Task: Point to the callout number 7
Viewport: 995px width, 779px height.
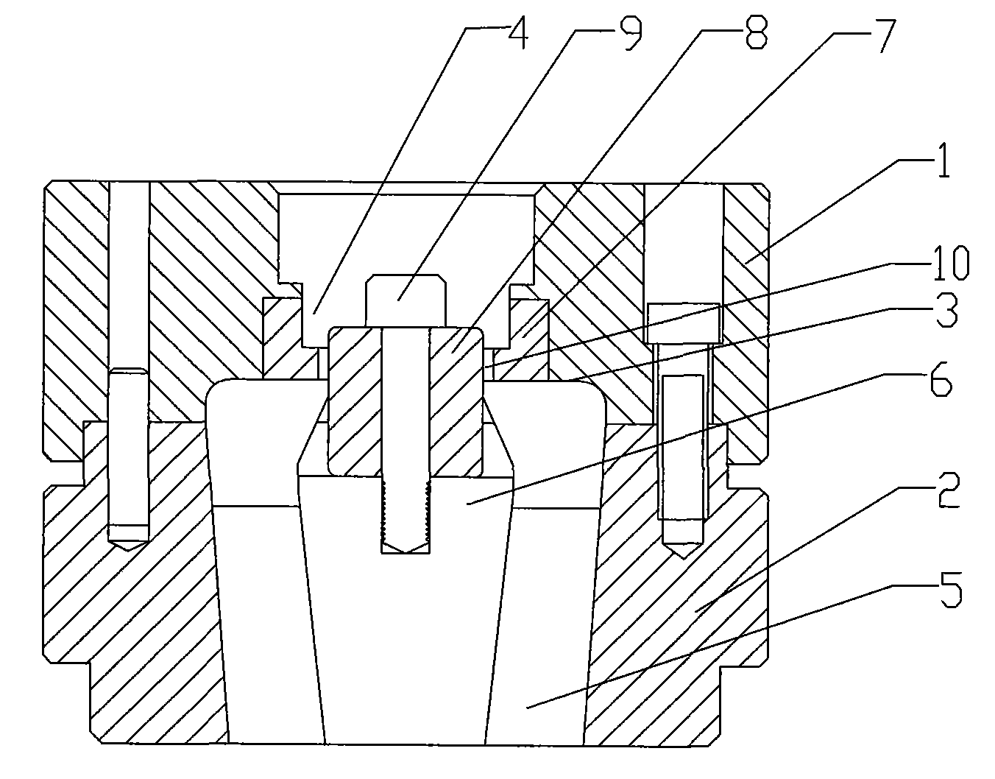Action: click(882, 35)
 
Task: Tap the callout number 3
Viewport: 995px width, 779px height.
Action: click(946, 312)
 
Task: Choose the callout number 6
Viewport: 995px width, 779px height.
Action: click(941, 381)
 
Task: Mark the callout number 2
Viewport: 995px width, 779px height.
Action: click(948, 492)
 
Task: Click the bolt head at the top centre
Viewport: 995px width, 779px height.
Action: click(406, 300)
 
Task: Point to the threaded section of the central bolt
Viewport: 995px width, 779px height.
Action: click(406, 510)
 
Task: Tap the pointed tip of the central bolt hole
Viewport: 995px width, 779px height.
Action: click(406, 551)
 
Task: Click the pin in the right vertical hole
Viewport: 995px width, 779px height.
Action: click(681, 447)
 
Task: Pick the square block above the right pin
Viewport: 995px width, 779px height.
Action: click(683, 323)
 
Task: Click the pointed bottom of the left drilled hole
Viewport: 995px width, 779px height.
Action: click(129, 547)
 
